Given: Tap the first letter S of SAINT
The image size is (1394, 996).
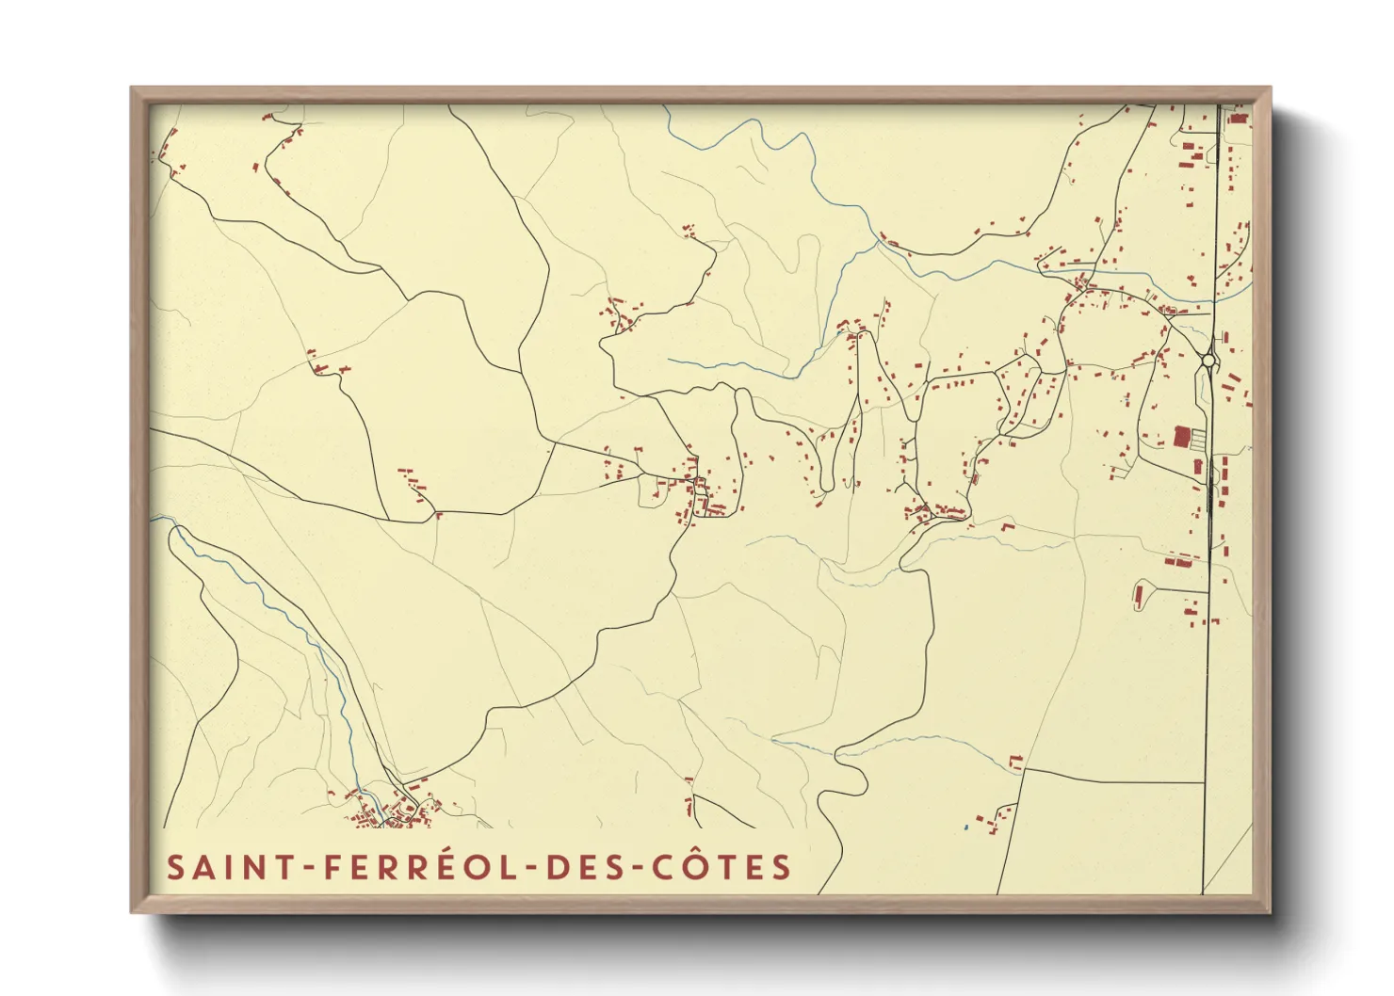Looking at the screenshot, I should [x=175, y=867].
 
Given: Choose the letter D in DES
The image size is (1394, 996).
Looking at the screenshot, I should [x=558, y=867].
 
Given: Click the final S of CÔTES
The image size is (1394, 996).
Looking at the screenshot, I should [x=781, y=867].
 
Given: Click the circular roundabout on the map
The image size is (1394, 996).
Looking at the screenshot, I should [x=1208, y=360].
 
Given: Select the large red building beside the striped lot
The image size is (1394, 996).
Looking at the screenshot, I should [x=1181, y=437].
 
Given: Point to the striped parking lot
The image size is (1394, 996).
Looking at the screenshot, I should [x=1198, y=438].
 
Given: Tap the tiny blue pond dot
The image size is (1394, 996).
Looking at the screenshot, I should [x=965, y=827].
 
